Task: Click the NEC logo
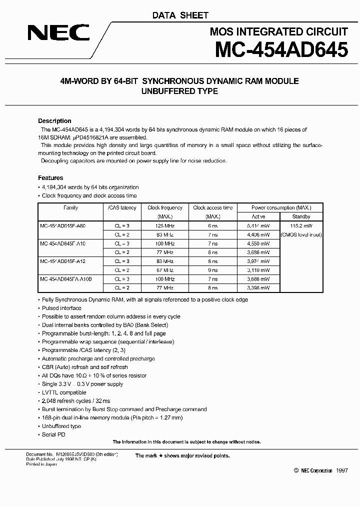click(58, 33)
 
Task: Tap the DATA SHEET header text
click(180, 15)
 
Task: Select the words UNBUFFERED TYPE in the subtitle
click(180, 91)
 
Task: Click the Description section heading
click(54, 121)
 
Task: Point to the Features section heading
click(50, 178)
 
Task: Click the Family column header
click(70, 207)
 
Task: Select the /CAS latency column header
click(121, 207)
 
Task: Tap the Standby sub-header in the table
click(301, 216)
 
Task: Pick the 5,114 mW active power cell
click(258, 226)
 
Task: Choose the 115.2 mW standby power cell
click(301, 226)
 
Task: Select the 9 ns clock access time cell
click(213, 270)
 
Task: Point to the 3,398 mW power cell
click(258, 288)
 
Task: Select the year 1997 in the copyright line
click(341, 471)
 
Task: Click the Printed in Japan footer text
click(41, 464)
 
